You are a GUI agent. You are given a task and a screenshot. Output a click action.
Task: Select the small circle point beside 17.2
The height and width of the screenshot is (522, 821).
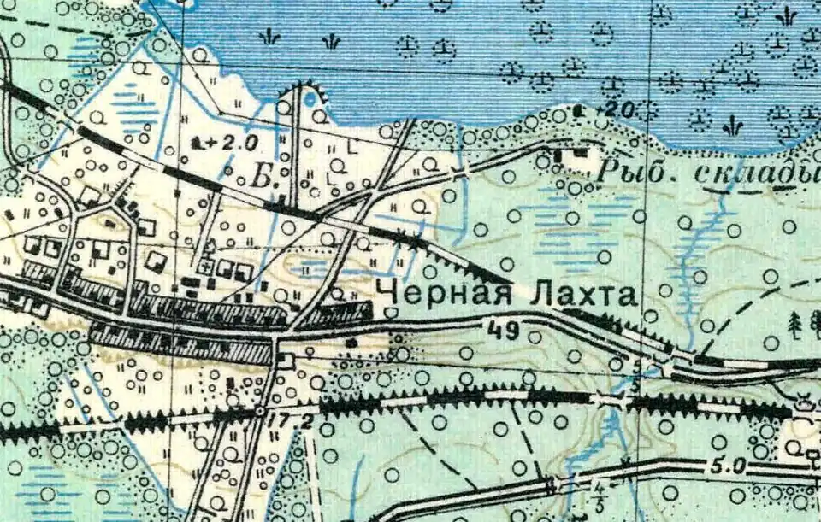pos(260,413)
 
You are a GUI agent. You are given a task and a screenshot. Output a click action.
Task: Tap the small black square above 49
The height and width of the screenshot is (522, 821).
pos(351,343)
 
